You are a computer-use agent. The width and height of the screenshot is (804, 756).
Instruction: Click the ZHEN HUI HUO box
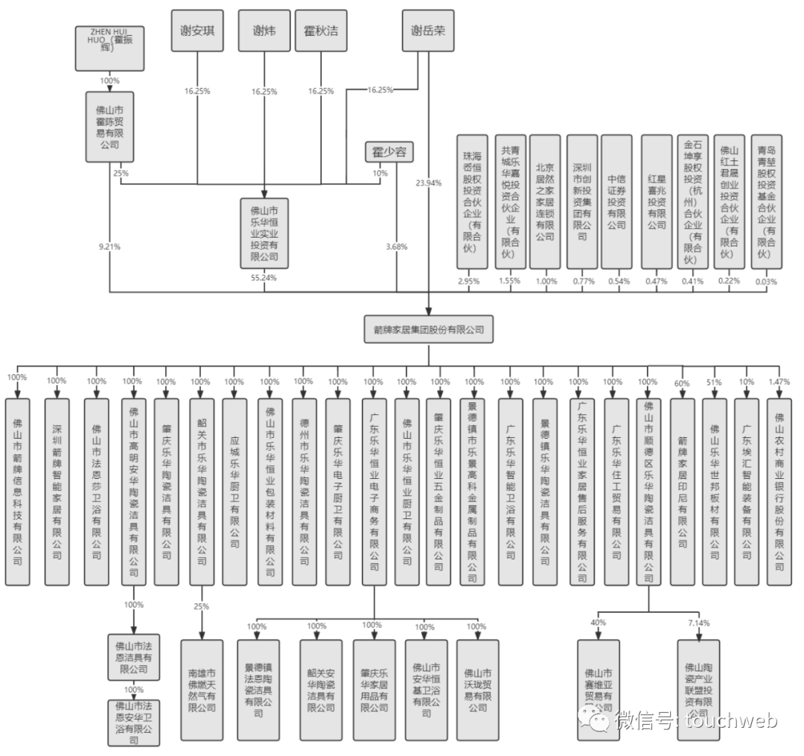(109, 47)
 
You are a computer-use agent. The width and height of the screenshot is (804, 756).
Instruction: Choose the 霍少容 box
(389, 152)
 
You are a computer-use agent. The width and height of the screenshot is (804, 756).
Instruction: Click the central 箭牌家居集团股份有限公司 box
(428, 328)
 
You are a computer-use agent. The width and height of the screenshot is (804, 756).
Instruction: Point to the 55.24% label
(264, 278)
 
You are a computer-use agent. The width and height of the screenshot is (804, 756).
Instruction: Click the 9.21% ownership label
(109, 247)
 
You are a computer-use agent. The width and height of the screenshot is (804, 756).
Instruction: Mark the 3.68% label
(397, 247)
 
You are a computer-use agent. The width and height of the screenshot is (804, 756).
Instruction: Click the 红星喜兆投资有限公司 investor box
(656, 201)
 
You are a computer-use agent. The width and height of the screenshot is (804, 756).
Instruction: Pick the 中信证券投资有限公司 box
(616, 201)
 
